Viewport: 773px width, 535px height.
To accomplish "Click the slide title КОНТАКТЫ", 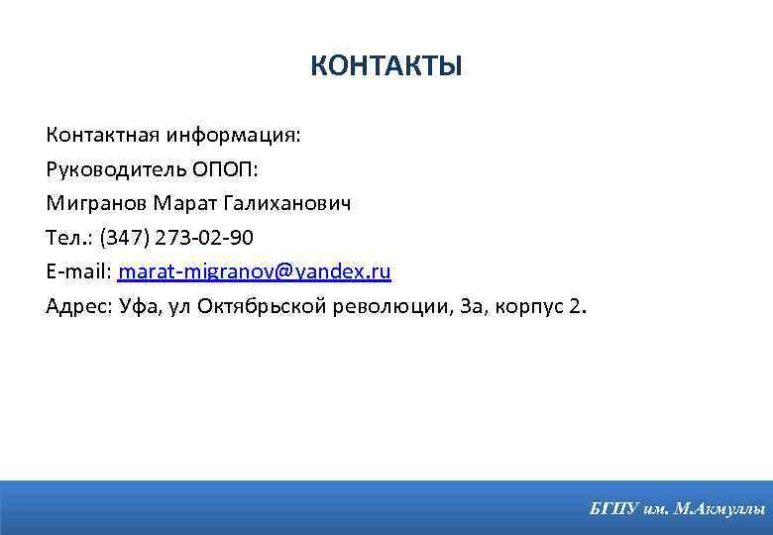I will coord(386,66).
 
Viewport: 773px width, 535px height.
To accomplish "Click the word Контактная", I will coord(95,135).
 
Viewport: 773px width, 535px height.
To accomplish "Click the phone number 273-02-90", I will coord(205,238).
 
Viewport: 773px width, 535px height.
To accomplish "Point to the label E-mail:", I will coord(78,271).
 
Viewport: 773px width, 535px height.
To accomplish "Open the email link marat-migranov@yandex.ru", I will coord(255,271).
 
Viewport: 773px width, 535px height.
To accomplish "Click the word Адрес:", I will coord(78,305).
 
